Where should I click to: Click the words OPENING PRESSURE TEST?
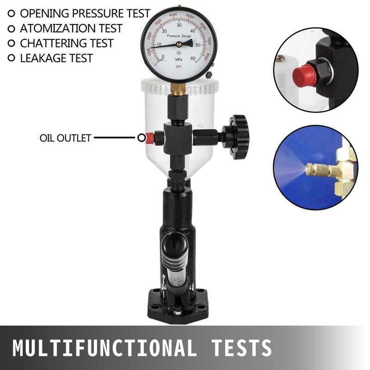85,13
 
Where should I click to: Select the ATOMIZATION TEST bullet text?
71,28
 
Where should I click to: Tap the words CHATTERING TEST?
67,43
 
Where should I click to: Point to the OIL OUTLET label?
65,138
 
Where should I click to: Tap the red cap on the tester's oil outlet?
149,138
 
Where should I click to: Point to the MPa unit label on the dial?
179,60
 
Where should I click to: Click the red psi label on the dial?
179,67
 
